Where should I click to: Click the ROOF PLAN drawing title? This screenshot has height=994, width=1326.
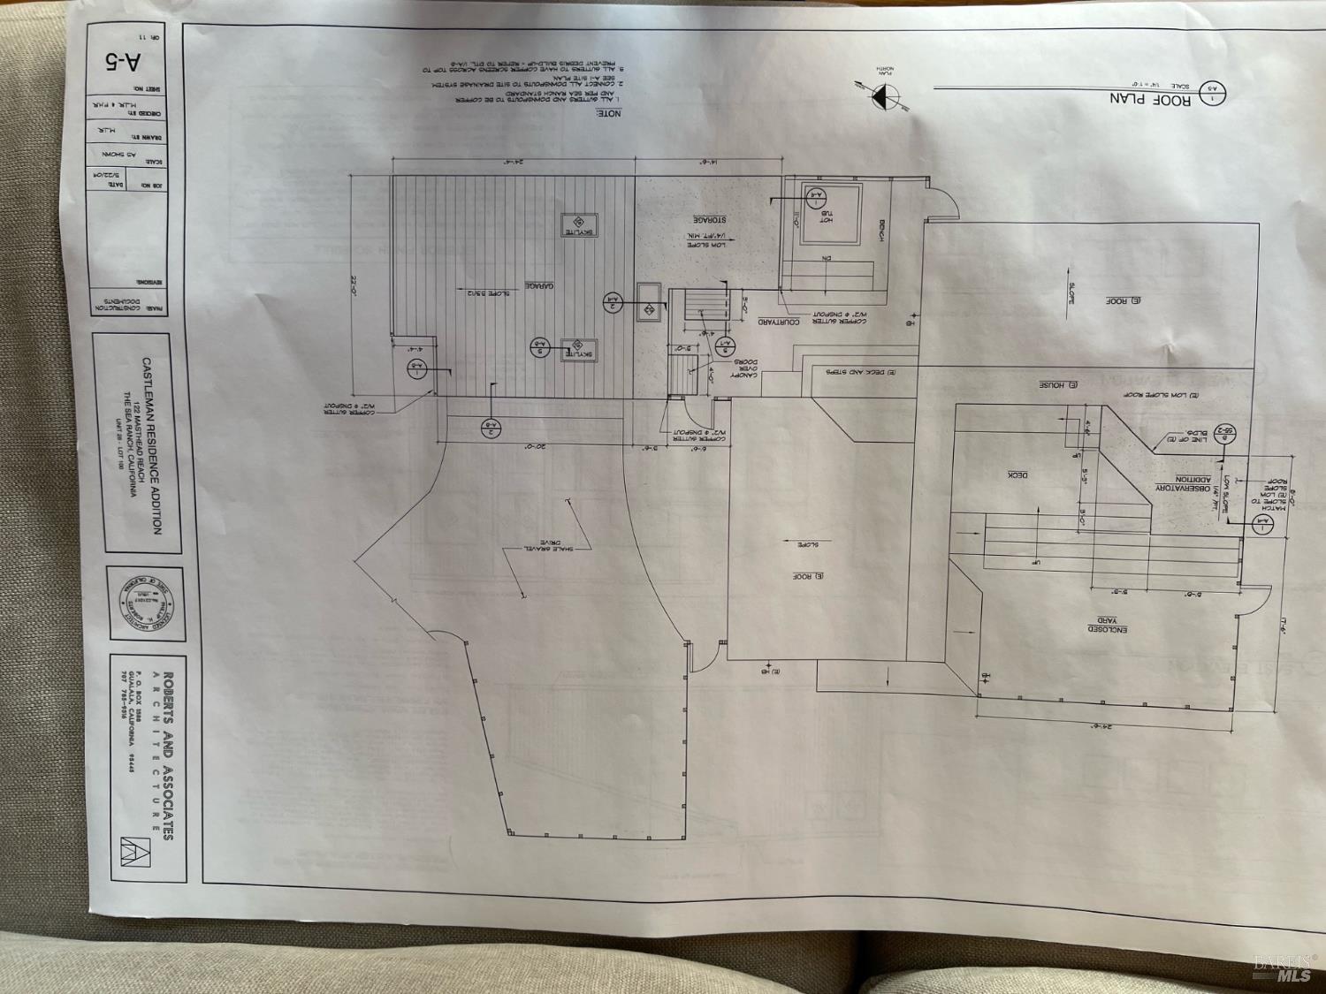[1150, 99]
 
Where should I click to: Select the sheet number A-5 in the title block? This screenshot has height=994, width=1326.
[126, 62]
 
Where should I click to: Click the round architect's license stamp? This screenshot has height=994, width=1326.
[146, 603]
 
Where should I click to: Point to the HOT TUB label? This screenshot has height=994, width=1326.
[826, 215]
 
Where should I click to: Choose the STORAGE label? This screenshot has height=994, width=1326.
[709, 219]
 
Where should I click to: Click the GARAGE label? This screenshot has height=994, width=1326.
[539, 285]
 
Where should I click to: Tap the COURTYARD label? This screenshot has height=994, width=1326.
[778, 322]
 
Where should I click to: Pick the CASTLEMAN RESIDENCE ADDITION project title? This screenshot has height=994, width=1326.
[151, 445]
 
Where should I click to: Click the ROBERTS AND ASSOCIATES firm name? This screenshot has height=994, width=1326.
[168, 755]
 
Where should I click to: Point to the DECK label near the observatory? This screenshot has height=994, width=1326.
[1018, 475]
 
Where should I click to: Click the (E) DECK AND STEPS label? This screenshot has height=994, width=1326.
[861, 372]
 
